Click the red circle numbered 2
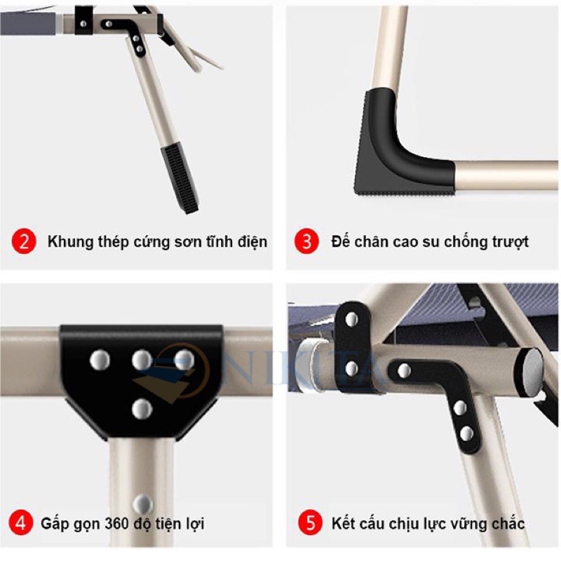pyautogui.click(x=23, y=242)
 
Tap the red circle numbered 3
pyautogui.click(x=306, y=242)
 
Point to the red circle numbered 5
pyautogui.click(x=306, y=522)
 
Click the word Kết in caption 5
pyautogui.click(x=343, y=523)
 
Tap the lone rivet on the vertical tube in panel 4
pyautogui.click(x=142, y=502)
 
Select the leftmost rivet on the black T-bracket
pyautogui.click(x=100, y=360)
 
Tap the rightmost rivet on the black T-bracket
pyautogui.click(x=184, y=360)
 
